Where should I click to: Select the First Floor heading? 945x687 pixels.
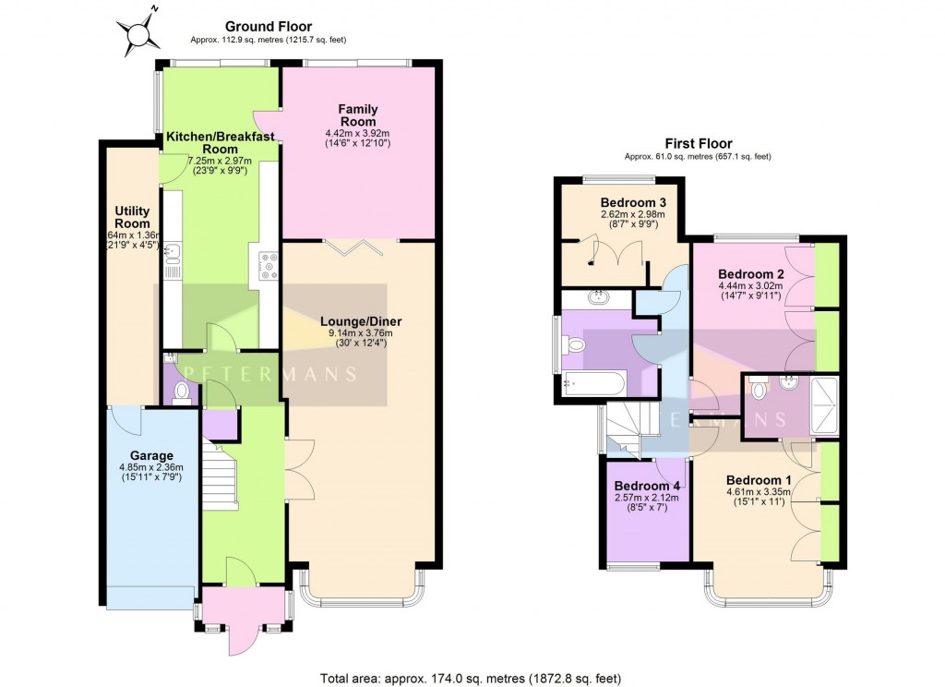(698, 143)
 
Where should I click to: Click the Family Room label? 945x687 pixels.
(358, 115)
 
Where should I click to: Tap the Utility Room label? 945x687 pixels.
(132, 217)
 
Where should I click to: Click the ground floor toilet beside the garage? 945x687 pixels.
(182, 392)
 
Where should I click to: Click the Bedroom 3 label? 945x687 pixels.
(632, 203)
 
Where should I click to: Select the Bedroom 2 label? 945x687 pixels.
(750, 274)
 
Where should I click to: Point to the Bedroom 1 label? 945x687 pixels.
(758, 479)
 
